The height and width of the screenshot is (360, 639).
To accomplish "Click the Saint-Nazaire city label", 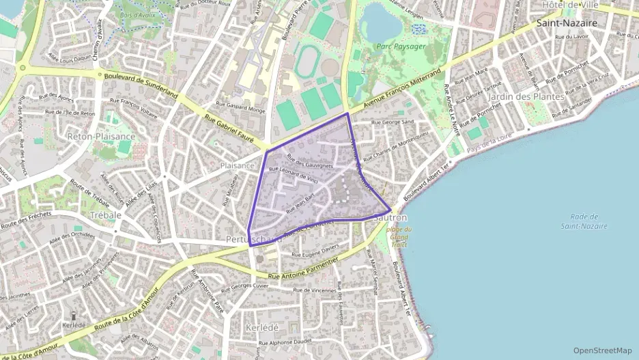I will tap(566, 23).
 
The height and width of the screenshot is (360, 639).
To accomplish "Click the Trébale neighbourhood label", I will tap(105, 214).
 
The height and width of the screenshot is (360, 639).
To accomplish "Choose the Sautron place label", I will tap(390, 217).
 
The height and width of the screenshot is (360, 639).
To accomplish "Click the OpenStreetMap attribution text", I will tap(603, 350).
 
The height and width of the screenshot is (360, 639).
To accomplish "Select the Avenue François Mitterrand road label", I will tap(402, 87).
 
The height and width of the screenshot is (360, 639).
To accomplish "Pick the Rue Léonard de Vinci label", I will tap(294, 176).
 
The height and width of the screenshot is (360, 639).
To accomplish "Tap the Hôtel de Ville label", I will tap(570, 5).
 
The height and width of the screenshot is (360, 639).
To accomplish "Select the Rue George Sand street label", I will tap(393, 122).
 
